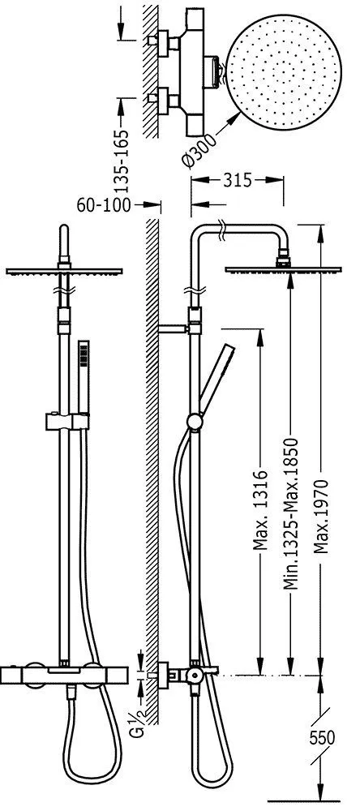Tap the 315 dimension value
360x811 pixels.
(238, 181)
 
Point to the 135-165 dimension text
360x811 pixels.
(122, 155)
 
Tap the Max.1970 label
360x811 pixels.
(321, 517)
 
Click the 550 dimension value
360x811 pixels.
(322, 737)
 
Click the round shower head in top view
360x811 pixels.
(284, 71)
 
